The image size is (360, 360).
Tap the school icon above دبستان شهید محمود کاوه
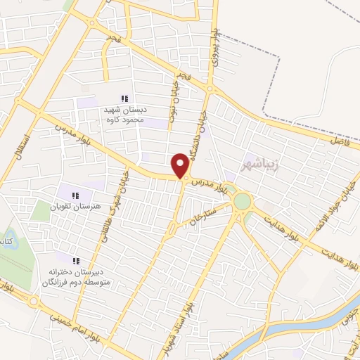pyautogui.click(x=124, y=99)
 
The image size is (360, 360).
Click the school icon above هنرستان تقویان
pyautogui.click(x=75, y=195)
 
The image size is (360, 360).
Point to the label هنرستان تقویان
pyautogui.click(x=75, y=207)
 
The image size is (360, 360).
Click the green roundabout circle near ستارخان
pyautogui.click(x=242, y=201)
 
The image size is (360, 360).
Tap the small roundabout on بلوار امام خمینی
pyautogui.click(x=34, y=302)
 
